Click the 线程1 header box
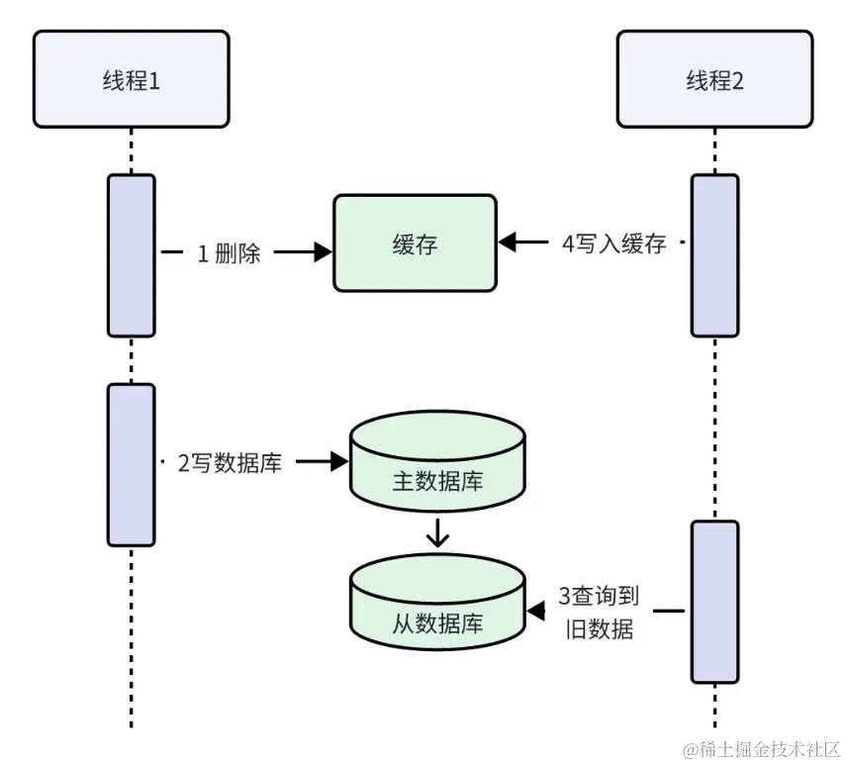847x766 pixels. pos(131,79)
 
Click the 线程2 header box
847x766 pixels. pos(714,79)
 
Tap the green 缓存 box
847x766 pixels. pos(414,243)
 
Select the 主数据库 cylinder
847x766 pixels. pos(437,465)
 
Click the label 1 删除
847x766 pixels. pos(229,253)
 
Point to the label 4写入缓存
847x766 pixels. pos(613,243)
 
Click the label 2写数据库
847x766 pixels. pos(230,462)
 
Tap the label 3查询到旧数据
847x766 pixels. pos(599,612)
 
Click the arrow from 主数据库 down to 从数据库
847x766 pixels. pos(437,534)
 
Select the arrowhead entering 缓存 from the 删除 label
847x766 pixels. pos(322,253)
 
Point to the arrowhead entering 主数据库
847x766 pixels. pos(338,461)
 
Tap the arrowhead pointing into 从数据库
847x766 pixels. pos(535,612)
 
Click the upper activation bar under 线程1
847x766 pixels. pos(131,255)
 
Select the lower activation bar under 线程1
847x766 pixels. pos(131,464)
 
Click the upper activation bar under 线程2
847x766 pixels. pos(714,255)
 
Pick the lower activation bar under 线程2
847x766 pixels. pos(714,602)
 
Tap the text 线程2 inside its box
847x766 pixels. pos(714,80)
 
